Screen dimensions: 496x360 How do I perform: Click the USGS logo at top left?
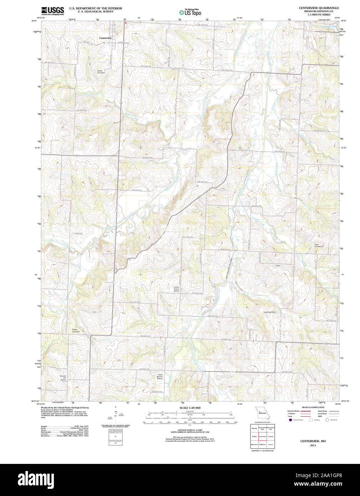52,10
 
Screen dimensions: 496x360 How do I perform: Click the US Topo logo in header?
190,12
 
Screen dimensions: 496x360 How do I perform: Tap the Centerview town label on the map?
105,38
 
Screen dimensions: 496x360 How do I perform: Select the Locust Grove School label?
176,289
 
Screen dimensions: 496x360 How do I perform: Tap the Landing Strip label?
270,312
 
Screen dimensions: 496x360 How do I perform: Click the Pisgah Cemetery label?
76,330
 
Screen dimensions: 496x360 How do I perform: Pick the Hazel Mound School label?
159,376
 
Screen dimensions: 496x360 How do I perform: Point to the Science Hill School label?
63,378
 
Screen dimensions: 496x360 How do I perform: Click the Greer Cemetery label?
318,246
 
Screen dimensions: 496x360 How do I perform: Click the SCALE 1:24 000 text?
190,408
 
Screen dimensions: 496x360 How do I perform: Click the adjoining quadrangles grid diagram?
262,436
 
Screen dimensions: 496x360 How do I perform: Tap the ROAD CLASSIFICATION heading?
313,408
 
